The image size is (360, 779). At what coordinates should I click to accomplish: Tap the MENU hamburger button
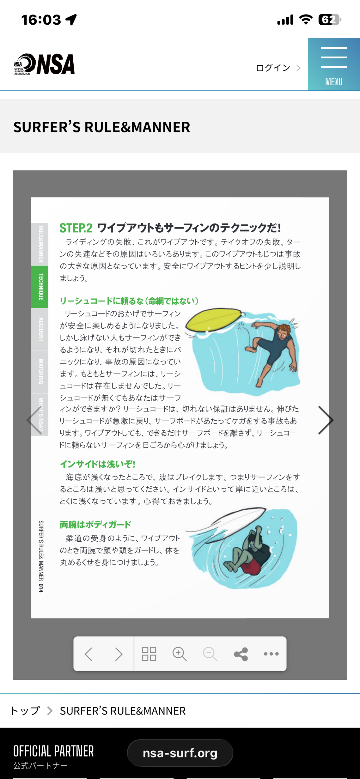click(334, 65)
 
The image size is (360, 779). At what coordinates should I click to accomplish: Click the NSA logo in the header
click(44, 64)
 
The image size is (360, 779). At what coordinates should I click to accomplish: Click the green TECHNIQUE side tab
click(40, 287)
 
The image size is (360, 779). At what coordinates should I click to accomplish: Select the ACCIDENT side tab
click(40, 329)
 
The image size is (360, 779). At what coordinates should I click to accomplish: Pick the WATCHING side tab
click(40, 372)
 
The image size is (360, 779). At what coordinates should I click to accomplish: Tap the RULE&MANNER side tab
click(40, 244)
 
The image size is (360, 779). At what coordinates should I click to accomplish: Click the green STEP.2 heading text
click(76, 228)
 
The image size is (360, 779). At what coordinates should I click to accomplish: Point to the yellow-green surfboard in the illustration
click(214, 320)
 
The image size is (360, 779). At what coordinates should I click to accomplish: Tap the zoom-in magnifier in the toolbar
click(180, 654)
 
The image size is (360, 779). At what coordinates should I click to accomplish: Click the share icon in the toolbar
click(241, 654)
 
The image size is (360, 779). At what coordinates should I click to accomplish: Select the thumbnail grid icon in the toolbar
click(149, 654)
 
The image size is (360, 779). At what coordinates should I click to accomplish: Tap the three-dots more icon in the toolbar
click(271, 654)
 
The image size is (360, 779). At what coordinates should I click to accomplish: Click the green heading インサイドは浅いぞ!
click(97, 464)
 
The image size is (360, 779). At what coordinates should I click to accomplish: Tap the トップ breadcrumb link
click(25, 711)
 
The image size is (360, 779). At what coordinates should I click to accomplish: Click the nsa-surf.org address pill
click(180, 753)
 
